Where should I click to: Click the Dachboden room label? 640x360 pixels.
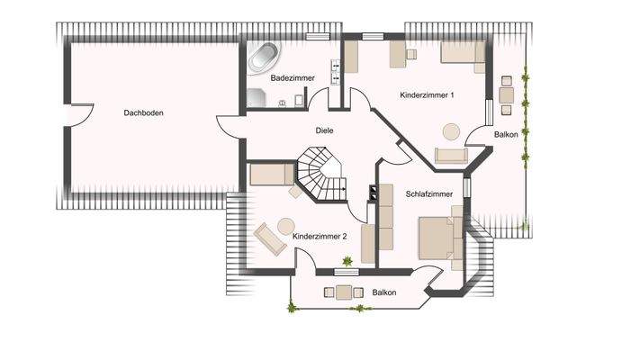[144, 113]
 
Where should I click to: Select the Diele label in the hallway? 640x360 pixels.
[324, 130]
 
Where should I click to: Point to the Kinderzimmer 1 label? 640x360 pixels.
[428, 94]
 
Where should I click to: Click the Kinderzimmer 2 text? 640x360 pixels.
[320, 236]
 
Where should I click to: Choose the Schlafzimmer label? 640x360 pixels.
[429, 193]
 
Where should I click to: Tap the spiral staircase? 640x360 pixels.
[320, 175]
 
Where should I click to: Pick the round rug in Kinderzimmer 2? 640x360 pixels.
[287, 226]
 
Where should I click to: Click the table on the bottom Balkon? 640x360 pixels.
[343, 292]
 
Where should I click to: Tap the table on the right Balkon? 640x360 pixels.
[507, 94]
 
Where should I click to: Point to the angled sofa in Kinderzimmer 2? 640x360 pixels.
[269, 239]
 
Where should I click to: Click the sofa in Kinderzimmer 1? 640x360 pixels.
[451, 156]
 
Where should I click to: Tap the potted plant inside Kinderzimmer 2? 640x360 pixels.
[346, 262]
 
